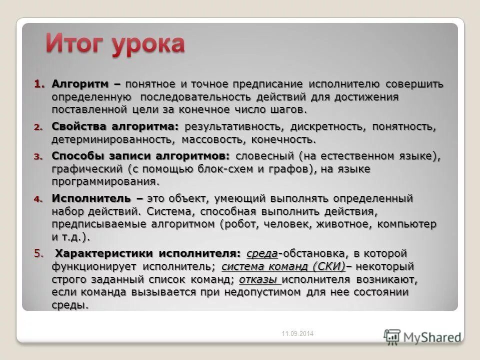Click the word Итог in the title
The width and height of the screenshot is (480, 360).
[74, 44]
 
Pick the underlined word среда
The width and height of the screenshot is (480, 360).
[262, 253]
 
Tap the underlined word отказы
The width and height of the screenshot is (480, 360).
[258, 279]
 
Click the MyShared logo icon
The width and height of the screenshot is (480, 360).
[392, 335]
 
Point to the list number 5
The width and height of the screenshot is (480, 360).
[39, 253]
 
